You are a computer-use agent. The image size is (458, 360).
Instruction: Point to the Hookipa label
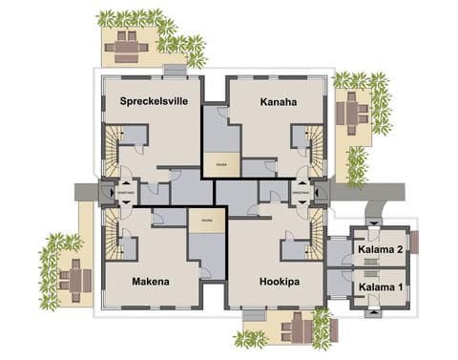click(x=281, y=282)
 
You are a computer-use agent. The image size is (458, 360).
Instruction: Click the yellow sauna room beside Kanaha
click(x=221, y=163)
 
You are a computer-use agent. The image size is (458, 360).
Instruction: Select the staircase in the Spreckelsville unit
click(x=117, y=149)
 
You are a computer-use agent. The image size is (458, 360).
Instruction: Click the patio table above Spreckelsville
click(x=128, y=42)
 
